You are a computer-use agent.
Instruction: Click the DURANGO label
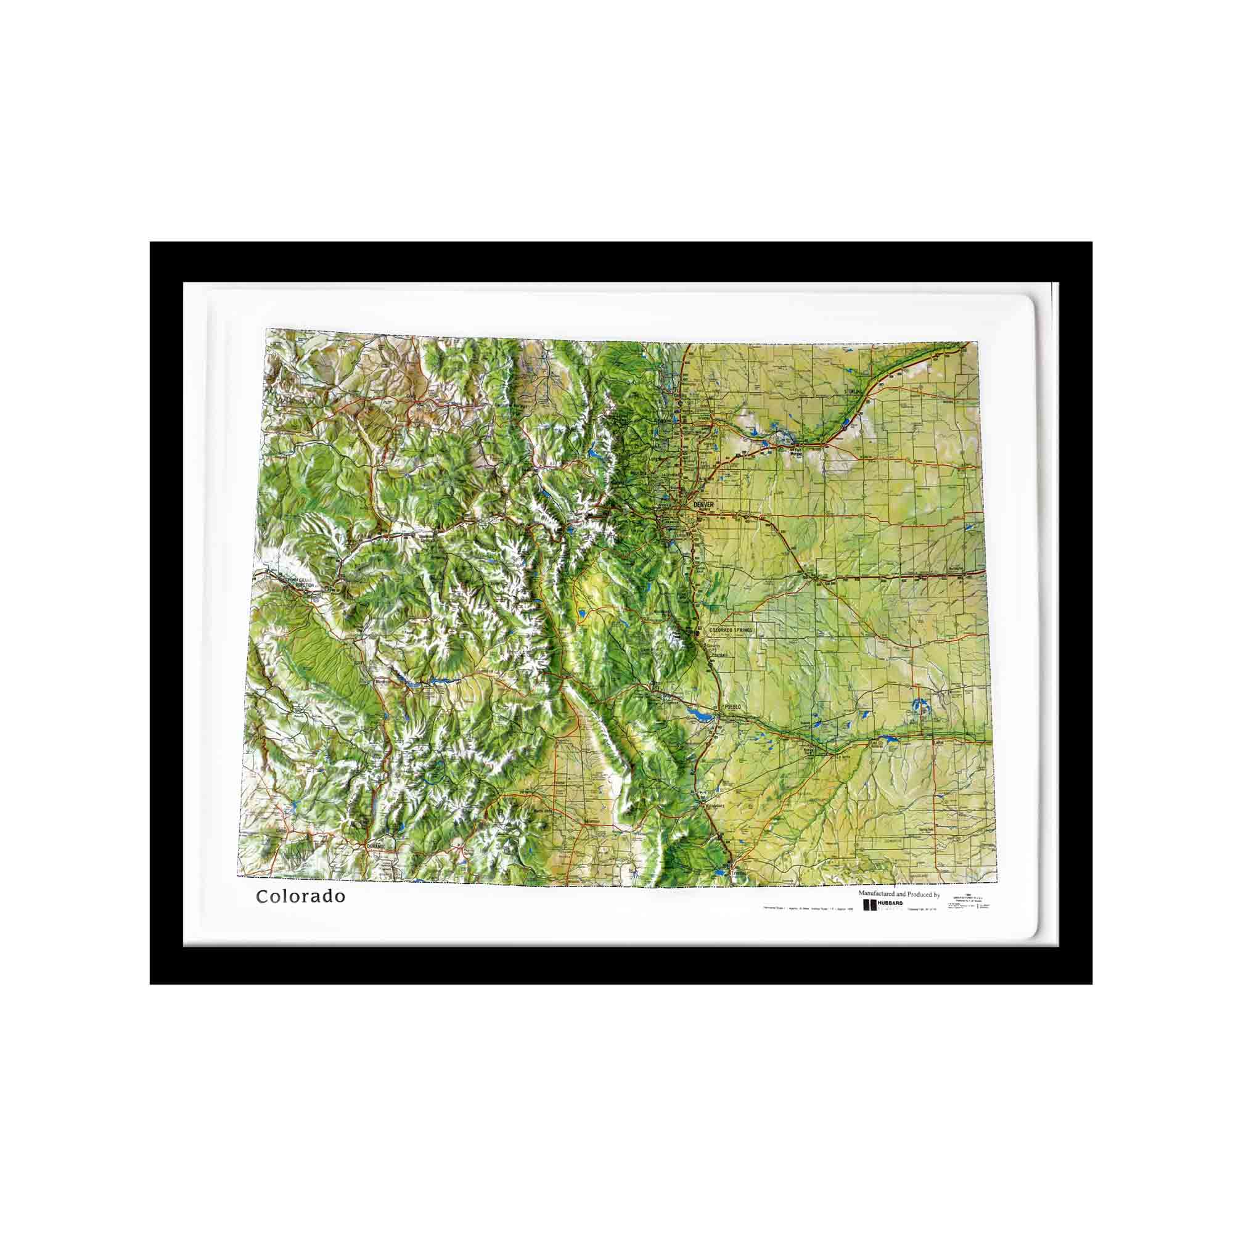(377, 846)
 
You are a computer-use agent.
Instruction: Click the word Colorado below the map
(301, 896)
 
